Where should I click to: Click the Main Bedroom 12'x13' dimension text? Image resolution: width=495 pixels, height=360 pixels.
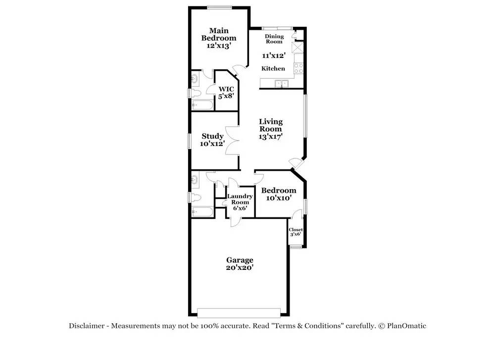click(x=219, y=46)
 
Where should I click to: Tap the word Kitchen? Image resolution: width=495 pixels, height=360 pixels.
click(x=273, y=68)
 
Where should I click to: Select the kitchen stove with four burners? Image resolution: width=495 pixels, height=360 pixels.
click(x=298, y=68)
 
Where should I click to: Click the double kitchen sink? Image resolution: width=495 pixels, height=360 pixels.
click(x=281, y=83)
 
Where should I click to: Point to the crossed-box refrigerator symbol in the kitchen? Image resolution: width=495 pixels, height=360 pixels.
click(x=297, y=48)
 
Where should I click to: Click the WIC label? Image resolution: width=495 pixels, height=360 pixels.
click(x=226, y=89)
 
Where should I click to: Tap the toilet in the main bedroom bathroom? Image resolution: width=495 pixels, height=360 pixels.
click(x=196, y=93)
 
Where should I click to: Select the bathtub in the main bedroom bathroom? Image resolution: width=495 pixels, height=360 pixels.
click(x=202, y=105)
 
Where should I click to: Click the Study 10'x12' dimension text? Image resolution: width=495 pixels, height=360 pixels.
click(x=212, y=144)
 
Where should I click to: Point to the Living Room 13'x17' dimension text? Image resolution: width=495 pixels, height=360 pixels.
click(x=271, y=136)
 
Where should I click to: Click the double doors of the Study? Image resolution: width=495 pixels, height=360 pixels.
click(x=232, y=140)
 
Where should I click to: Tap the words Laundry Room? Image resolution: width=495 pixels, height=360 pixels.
click(x=240, y=199)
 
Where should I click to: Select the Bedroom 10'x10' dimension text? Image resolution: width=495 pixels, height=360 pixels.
click(x=278, y=198)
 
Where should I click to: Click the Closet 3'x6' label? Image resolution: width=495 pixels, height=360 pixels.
click(x=296, y=232)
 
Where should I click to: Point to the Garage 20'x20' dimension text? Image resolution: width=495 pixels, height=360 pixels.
click(x=240, y=267)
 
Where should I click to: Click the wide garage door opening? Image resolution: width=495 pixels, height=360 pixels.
click(x=239, y=313)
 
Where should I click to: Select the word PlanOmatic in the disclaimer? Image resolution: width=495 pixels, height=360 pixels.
click(x=406, y=326)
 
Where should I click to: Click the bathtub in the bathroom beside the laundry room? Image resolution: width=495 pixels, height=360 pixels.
click(x=202, y=211)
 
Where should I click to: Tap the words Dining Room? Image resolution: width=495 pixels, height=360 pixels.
click(x=274, y=39)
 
